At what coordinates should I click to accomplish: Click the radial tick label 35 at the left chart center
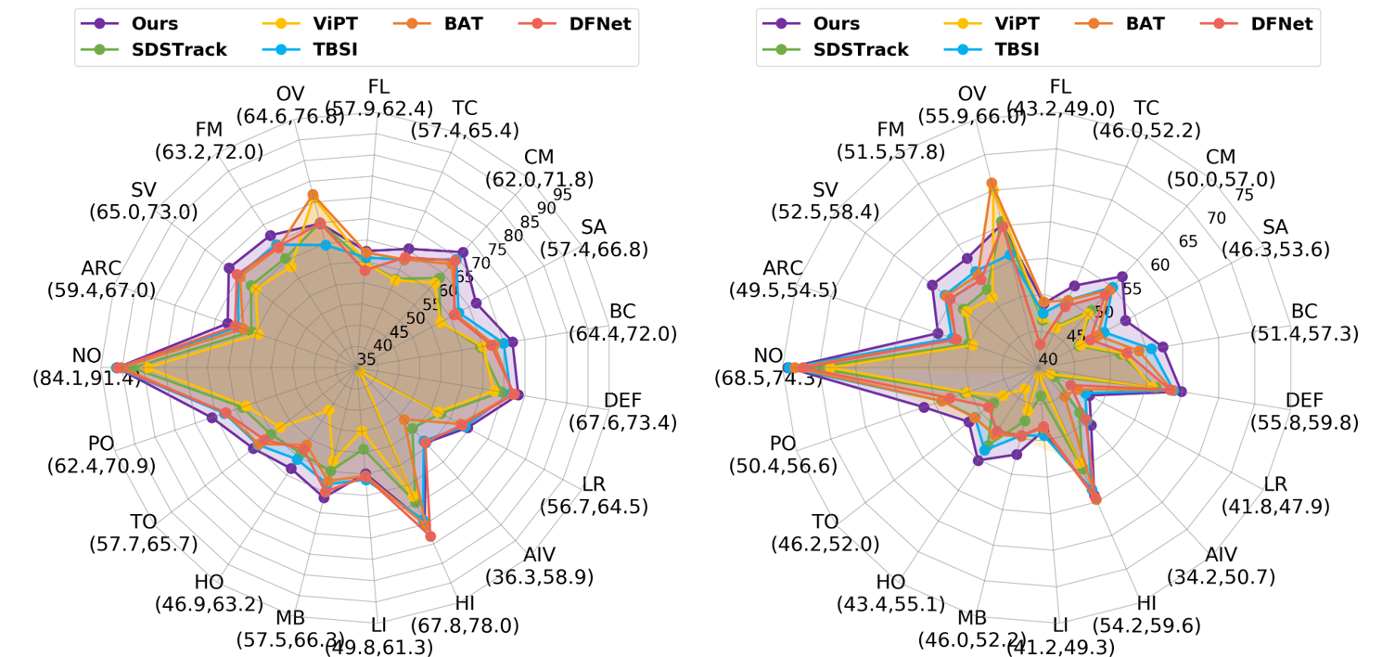365,360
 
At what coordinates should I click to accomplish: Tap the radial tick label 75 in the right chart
1245,195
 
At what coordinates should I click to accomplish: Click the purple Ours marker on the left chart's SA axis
477,303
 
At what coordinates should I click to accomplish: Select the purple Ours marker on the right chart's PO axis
924,407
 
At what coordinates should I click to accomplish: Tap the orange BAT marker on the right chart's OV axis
992,183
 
